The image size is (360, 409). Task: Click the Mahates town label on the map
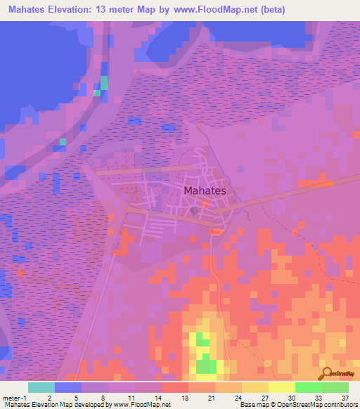click(205, 190)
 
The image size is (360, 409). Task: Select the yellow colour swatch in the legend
click(281, 387)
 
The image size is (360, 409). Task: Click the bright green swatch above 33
click(308, 387)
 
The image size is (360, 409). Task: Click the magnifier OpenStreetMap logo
click(326, 373)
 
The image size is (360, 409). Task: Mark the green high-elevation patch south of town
click(205, 363)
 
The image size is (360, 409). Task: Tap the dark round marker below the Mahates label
click(194, 209)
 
